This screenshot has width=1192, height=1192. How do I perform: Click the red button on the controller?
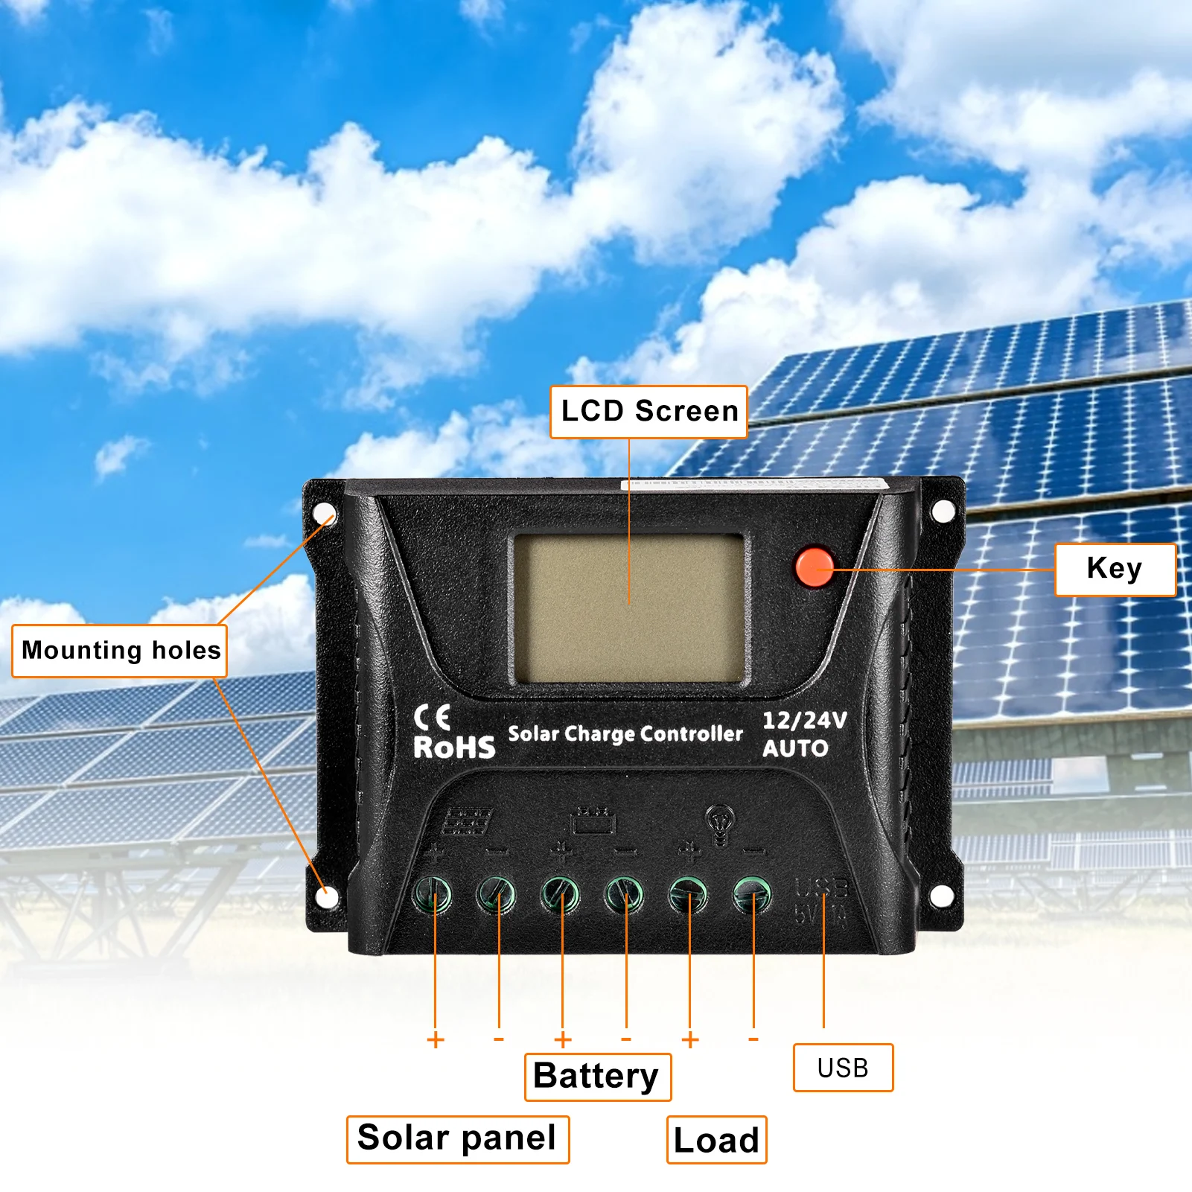coord(815,568)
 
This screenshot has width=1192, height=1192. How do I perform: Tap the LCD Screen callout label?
coord(648,412)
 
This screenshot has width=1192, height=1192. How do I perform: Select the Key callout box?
coord(1115,570)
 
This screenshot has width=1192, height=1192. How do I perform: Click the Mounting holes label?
coord(120,651)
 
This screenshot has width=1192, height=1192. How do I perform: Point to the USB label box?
coord(843,1068)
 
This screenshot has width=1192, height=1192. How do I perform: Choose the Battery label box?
coord(597,1077)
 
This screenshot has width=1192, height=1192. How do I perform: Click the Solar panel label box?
coord(457,1139)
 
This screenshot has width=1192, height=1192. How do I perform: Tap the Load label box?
coord(716,1140)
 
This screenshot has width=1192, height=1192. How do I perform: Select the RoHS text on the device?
coord(454,748)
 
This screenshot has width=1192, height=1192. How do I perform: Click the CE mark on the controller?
coord(433,718)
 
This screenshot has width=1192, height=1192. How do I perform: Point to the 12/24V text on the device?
coord(805,720)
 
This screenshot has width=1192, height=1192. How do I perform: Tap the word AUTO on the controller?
coord(795,748)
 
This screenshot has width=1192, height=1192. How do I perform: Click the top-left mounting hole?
coord(325,514)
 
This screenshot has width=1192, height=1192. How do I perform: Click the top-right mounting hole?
coord(943,511)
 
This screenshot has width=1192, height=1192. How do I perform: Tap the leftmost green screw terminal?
coord(433,894)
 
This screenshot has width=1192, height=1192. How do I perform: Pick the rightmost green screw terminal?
coord(753,893)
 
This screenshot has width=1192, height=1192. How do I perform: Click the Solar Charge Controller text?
coord(625,734)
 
